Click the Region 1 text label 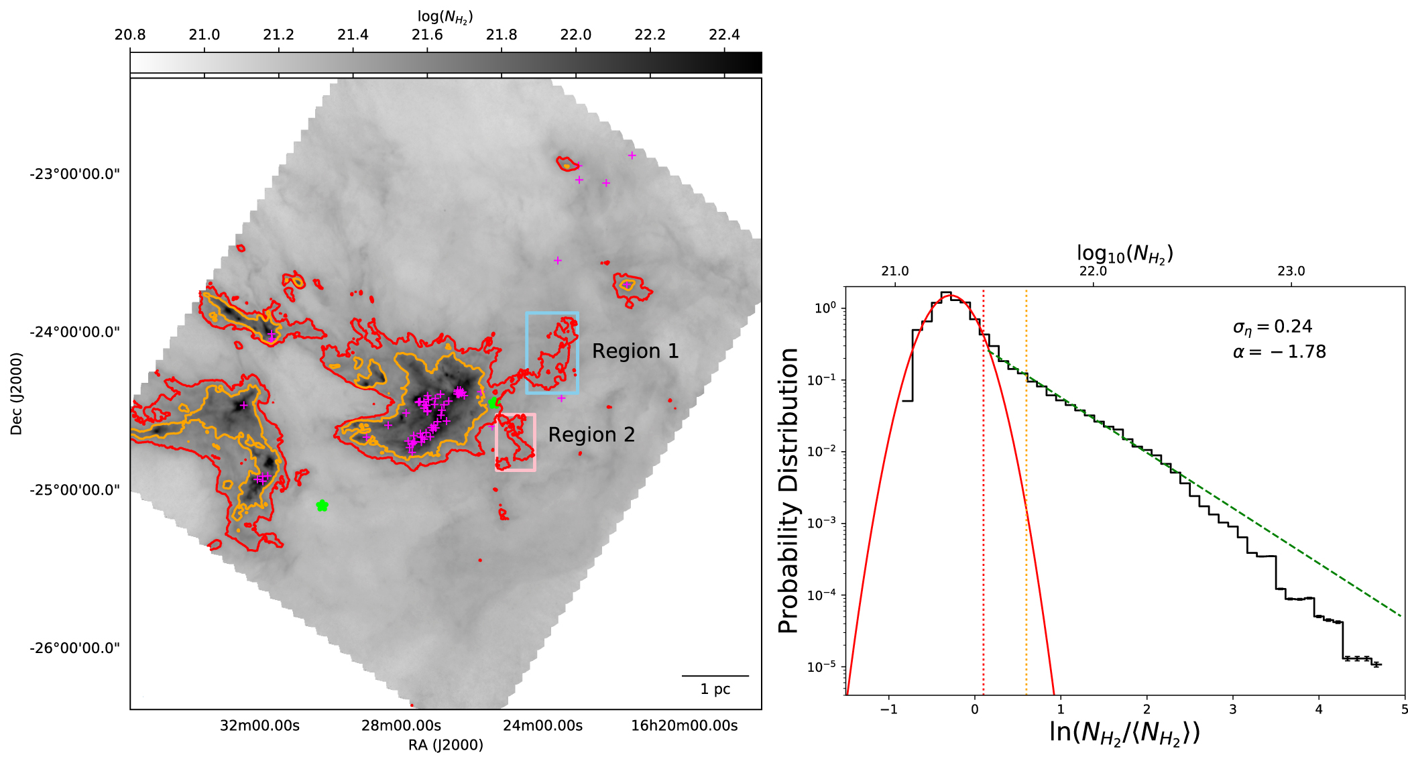tap(635, 351)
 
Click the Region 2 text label tap(591, 435)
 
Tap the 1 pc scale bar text tap(715, 689)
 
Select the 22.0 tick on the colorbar tap(575, 35)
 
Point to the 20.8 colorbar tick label tap(130, 35)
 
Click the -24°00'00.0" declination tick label tap(74, 332)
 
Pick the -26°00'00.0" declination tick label tap(74, 648)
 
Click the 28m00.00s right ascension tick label tap(401, 725)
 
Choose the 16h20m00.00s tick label tap(684, 725)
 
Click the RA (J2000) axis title tap(445, 745)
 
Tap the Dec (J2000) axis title tap(16, 394)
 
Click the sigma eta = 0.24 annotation tap(1272, 327)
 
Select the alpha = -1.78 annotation tap(1279, 352)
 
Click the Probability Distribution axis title tap(789, 491)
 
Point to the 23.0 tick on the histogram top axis tap(1291, 271)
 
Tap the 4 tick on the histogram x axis tap(1319, 709)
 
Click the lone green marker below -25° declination tap(322, 506)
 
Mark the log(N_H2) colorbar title tap(445, 17)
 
